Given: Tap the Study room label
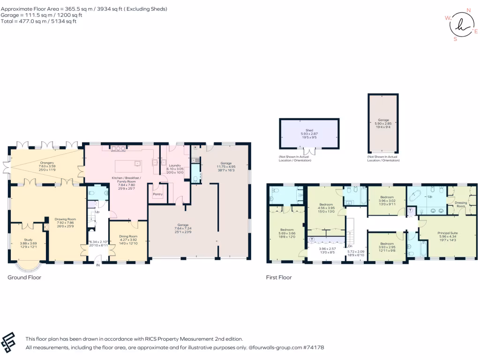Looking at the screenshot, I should [x=27, y=240].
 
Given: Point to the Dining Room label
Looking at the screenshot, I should [x=127, y=236].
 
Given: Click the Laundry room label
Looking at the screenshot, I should [x=174, y=165].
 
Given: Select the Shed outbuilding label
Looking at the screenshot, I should [x=309, y=130].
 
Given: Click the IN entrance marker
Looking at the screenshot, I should [x=98, y=265].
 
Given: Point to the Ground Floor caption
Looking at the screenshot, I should [x=24, y=277].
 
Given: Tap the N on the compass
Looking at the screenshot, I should [x=468, y=10].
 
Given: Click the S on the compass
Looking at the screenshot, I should [x=455, y=39].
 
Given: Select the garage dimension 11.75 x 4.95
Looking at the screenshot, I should [x=226, y=166].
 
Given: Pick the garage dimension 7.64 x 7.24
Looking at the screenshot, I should [x=183, y=228].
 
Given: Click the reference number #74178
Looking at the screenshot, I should [x=313, y=347].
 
